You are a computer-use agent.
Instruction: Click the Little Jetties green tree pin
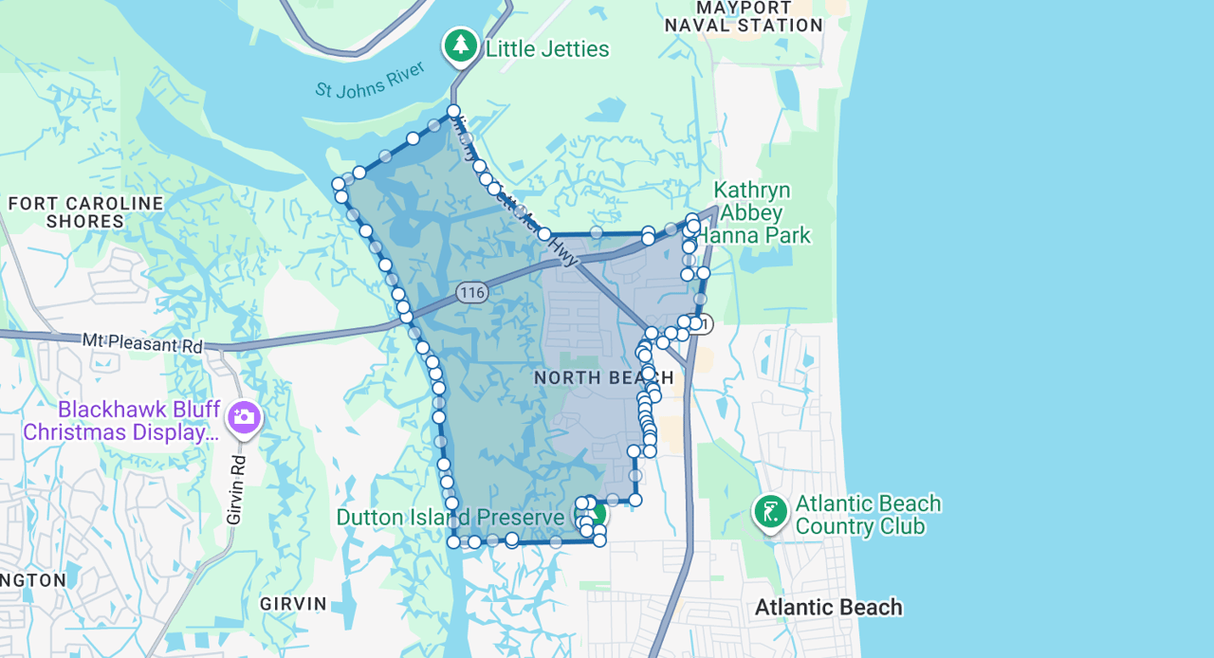pyautogui.click(x=461, y=45)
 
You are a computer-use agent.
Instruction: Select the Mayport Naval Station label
pyautogui.click(x=744, y=16)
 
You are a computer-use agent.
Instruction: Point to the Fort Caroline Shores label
pyautogui.click(x=85, y=212)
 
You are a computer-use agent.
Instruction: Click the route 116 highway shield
pyautogui.click(x=471, y=292)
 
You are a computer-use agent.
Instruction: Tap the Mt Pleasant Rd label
pyautogui.click(x=142, y=342)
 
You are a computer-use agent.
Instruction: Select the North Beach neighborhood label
pyautogui.click(x=603, y=378)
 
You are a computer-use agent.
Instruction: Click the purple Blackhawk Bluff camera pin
pyautogui.click(x=244, y=416)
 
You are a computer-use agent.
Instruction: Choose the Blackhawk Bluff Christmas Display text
pyautogui.click(x=120, y=422)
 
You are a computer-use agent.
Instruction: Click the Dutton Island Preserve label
pyautogui.click(x=451, y=518)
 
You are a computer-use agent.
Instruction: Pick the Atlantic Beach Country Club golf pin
pyautogui.click(x=770, y=512)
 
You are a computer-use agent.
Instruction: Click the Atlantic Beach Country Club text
pyautogui.click(x=867, y=515)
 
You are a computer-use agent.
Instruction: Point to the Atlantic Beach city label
pyautogui.click(x=828, y=608)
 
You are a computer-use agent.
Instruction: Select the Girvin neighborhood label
pyautogui.click(x=293, y=604)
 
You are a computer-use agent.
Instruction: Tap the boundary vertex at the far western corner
pyautogui.click(x=338, y=183)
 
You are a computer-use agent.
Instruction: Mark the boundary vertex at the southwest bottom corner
pyautogui.click(x=453, y=541)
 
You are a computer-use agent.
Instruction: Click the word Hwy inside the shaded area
pyautogui.click(x=566, y=251)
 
